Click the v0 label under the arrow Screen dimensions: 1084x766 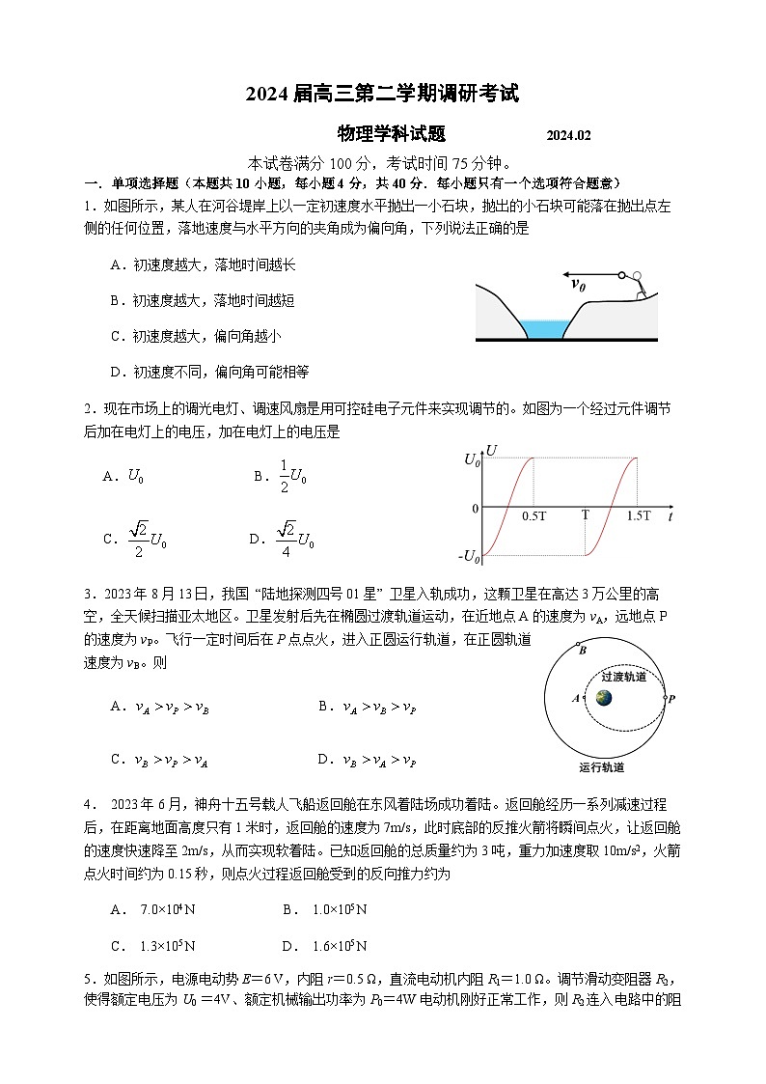click(x=579, y=284)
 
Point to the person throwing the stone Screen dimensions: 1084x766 click(x=637, y=284)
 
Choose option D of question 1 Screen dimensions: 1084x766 click(x=208, y=372)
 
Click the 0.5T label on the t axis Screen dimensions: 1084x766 click(x=533, y=516)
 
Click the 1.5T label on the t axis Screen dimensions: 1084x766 click(x=638, y=516)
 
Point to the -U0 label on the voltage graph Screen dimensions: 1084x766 click(x=470, y=557)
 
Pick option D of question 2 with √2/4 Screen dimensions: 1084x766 click(x=282, y=538)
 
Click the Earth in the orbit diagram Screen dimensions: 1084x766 click(x=603, y=698)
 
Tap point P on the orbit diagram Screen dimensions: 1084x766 click(x=671, y=698)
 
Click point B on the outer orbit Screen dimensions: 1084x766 click(x=582, y=651)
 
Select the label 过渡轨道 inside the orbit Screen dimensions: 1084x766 click(x=623, y=677)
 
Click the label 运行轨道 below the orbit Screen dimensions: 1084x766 click(x=601, y=767)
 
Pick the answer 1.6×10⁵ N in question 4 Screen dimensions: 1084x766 click(x=324, y=945)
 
